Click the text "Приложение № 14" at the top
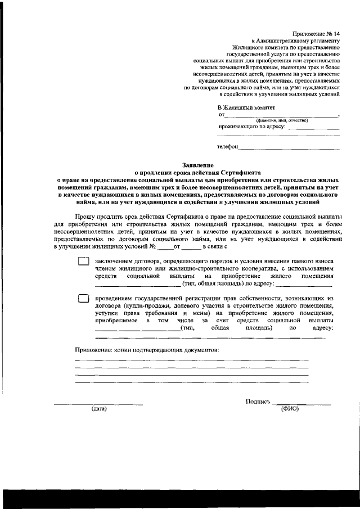tap(317, 34)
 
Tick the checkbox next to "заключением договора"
tap(83, 262)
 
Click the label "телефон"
tap(228, 147)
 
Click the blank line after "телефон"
tap(289, 148)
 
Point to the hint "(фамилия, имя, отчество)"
tap(282, 120)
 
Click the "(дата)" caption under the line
tap(99, 409)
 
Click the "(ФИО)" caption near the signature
tap(290, 409)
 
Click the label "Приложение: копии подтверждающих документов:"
tap(147, 350)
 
